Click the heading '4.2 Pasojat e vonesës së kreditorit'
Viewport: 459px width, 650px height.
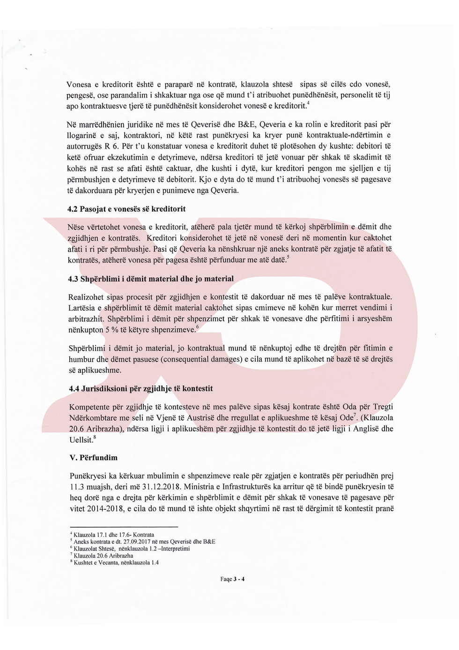pyautogui.click(x=126, y=209)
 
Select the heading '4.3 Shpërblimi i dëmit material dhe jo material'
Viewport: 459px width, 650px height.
pyautogui.click(x=150, y=279)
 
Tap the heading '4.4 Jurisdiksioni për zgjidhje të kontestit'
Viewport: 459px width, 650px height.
pyautogui.click(x=141, y=388)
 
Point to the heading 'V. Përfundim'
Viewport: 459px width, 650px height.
pyautogui.click(x=93, y=457)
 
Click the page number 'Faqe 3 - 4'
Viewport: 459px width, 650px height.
pyautogui.click(x=232, y=579)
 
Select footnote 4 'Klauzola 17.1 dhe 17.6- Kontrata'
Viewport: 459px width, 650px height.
pyautogui.click(x=113, y=535)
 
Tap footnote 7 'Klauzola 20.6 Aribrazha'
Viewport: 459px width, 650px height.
pyautogui.click(x=103, y=556)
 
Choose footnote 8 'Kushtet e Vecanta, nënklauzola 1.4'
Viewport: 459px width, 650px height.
pyautogui.click(x=116, y=562)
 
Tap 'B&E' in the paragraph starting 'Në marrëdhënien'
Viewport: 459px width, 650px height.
pyautogui.click(x=248, y=124)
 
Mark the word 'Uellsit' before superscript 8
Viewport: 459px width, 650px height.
pyautogui.click(x=81, y=440)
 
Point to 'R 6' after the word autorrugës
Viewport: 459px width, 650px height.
pyautogui.click(x=109, y=146)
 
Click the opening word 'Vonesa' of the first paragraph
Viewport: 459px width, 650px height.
pyautogui.click(x=79, y=84)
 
